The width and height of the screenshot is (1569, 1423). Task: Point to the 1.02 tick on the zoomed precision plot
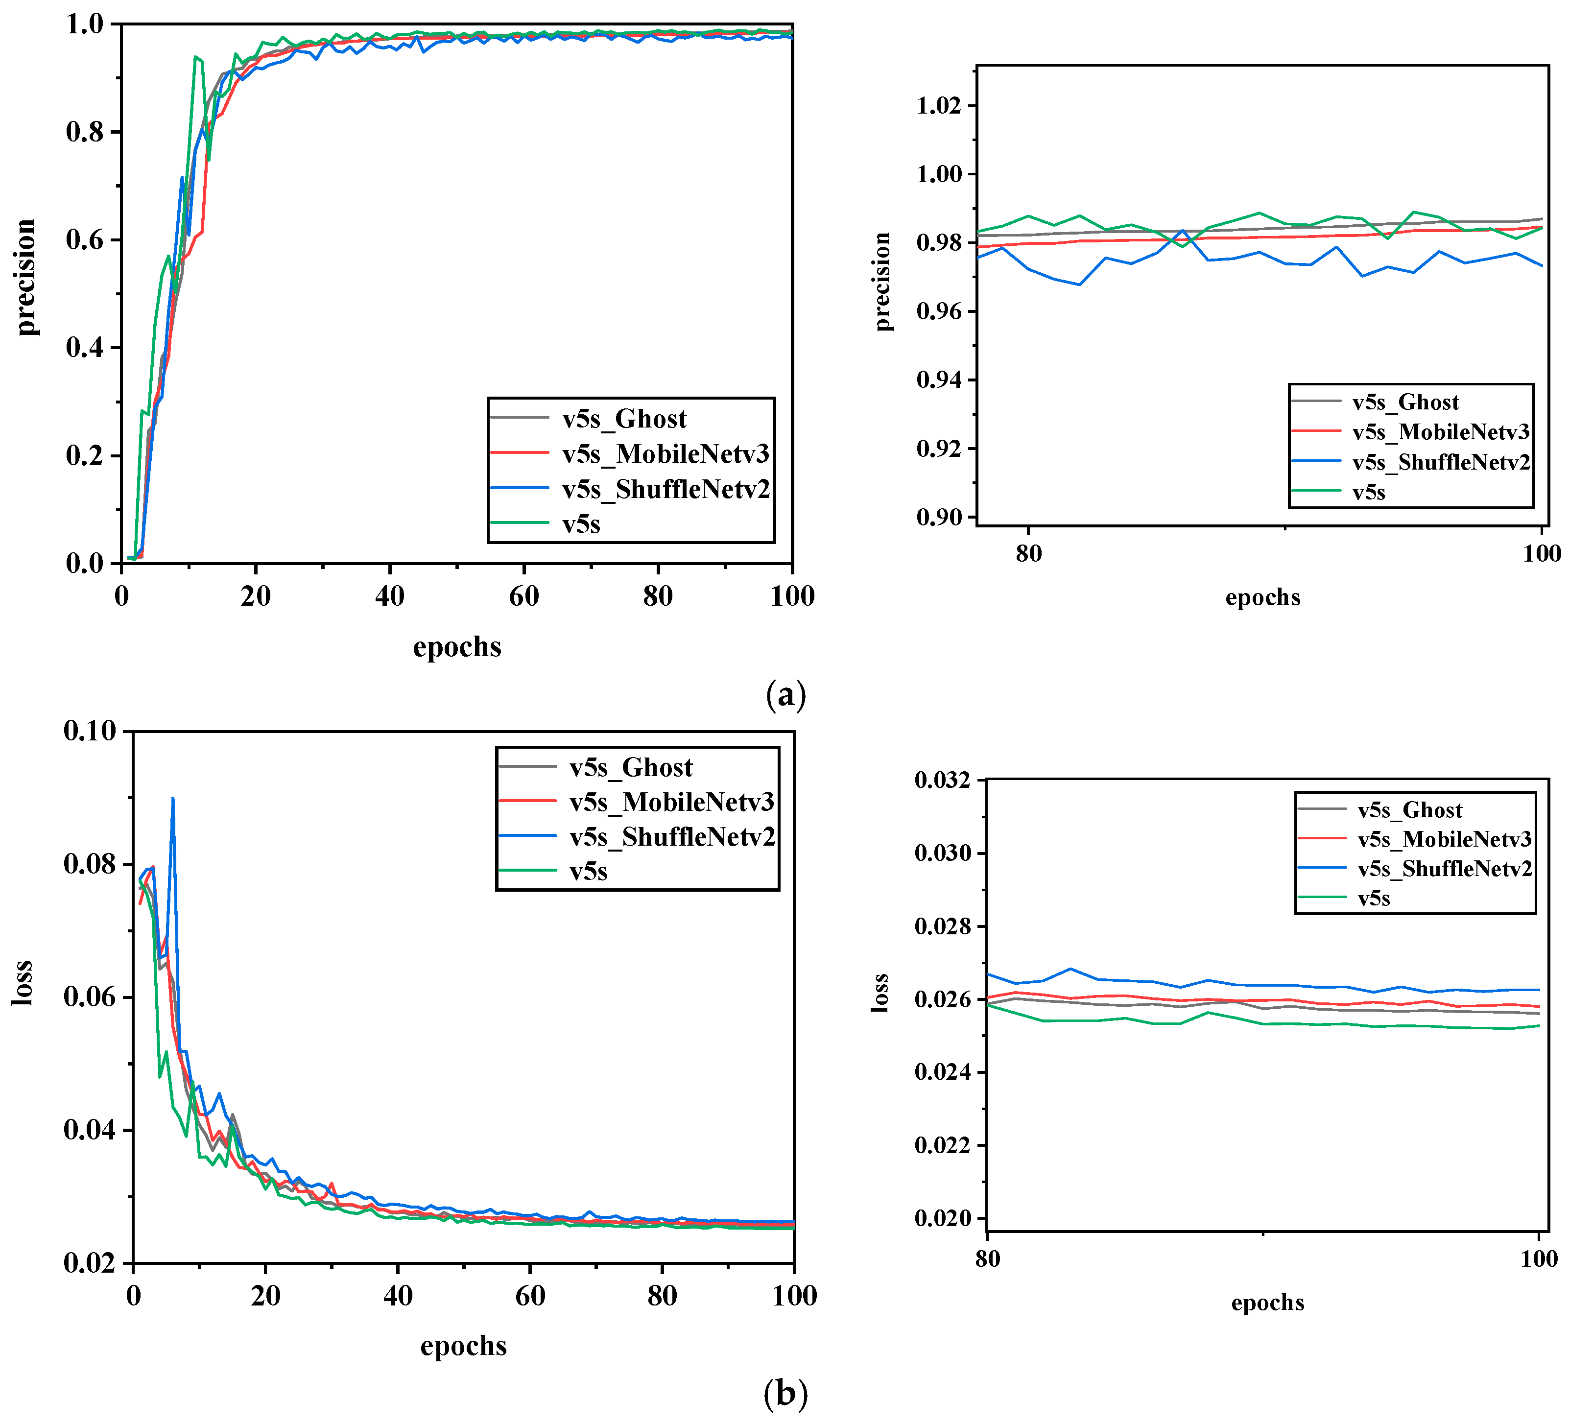[939, 106]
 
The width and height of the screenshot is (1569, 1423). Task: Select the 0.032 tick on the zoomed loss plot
[943, 780]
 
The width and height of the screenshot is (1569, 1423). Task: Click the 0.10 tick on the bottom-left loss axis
[90, 731]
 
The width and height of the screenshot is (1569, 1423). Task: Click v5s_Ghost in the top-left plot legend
[624, 419]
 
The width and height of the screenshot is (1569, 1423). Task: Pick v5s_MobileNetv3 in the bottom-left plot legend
[672, 802]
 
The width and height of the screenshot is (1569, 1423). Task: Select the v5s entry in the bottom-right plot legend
[1374, 899]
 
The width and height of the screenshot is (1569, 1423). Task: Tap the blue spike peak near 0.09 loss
[173, 798]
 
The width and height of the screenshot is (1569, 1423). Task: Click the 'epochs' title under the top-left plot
[457, 647]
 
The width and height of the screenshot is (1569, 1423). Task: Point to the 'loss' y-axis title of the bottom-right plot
[880, 993]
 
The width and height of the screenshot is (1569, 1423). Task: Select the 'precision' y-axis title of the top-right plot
[882, 282]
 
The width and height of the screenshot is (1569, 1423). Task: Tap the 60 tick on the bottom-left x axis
[530, 1295]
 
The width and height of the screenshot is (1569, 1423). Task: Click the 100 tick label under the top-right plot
[1542, 553]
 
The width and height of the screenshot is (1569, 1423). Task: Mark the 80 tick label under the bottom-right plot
[988, 1259]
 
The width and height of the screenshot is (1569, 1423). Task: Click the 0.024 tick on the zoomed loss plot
[943, 1073]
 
